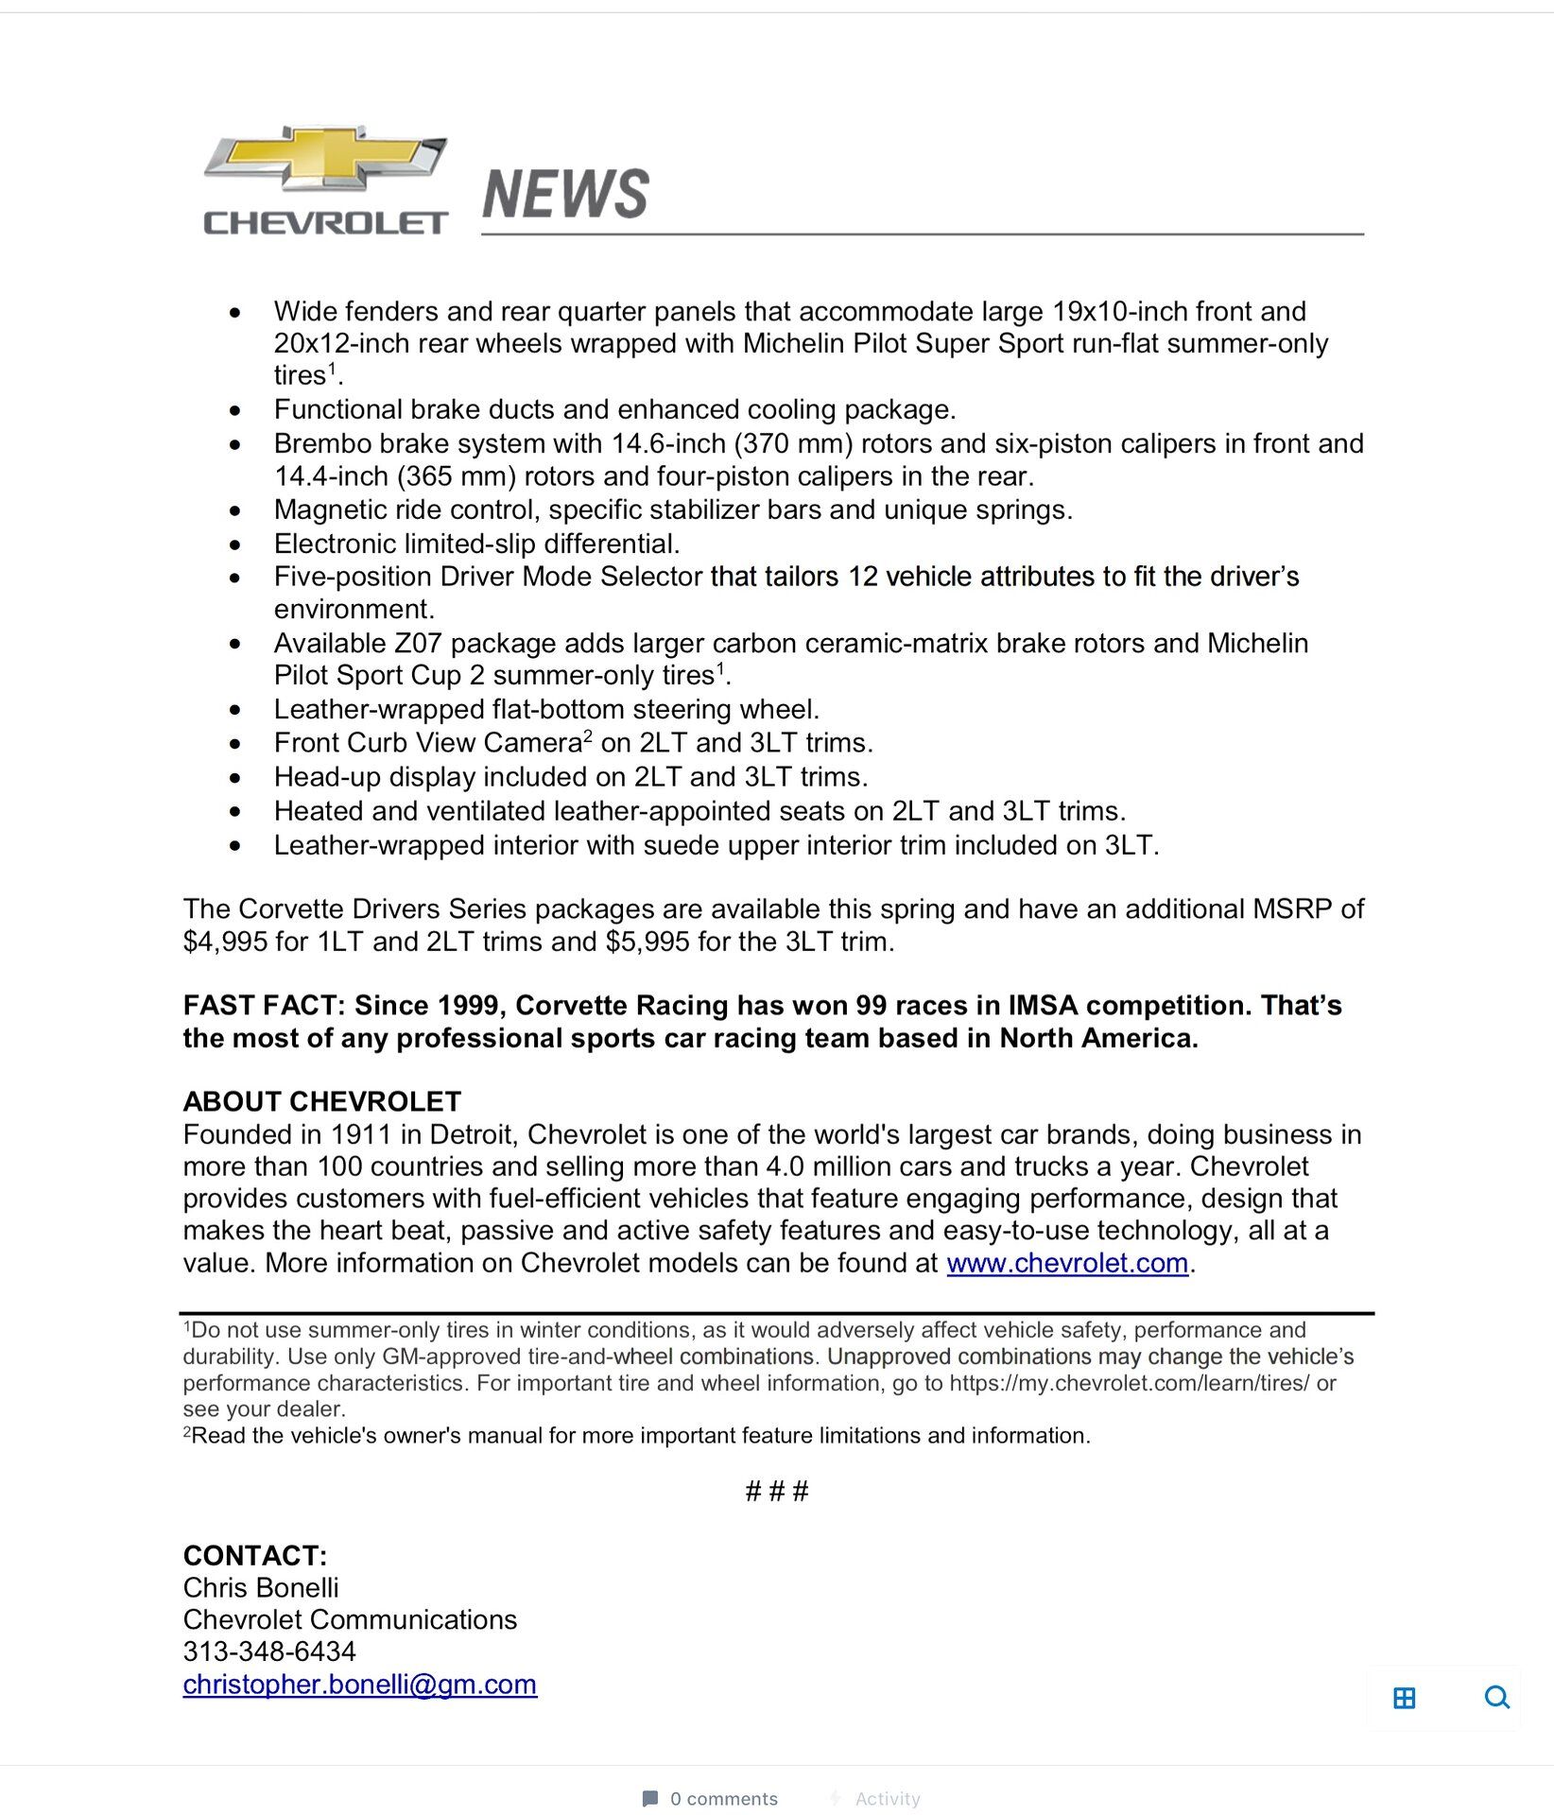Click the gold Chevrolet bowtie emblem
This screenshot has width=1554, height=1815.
[x=325, y=160]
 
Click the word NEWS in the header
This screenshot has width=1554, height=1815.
[x=565, y=194]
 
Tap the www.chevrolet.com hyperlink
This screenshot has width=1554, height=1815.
[x=1067, y=1263]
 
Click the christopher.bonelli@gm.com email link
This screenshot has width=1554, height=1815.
[x=360, y=1685]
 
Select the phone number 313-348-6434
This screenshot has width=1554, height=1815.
[x=269, y=1651]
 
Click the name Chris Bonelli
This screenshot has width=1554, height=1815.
[x=261, y=1587]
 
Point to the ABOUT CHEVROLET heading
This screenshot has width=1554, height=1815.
[x=322, y=1101]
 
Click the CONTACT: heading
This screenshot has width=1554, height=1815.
[x=255, y=1555]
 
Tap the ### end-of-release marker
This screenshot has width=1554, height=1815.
[x=777, y=1492]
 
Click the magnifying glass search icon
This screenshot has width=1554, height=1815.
[x=1496, y=1698]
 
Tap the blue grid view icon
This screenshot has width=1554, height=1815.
[x=1405, y=1698]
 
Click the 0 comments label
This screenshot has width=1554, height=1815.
[x=723, y=1799]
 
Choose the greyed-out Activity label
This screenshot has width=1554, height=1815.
[x=887, y=1799]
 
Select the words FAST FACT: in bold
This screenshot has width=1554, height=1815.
[x=264, y=1005]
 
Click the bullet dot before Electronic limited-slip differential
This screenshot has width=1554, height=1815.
[x=235, y=544]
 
